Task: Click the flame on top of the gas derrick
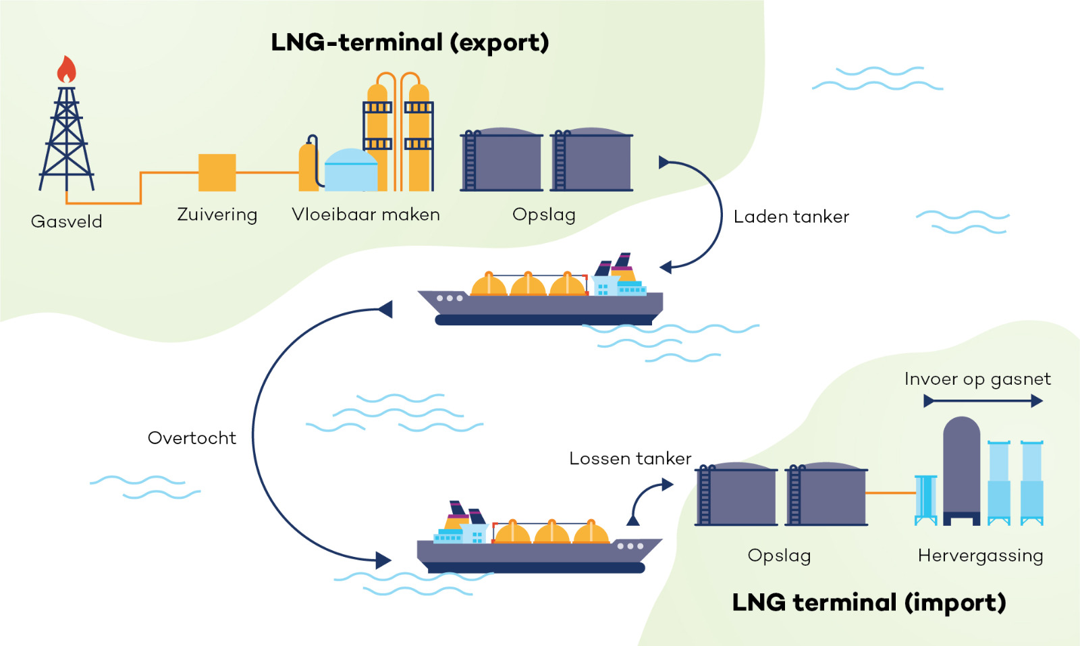[x=66, y=70]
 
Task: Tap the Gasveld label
[x=66, y=221]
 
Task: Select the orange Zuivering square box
[x=217, y=173]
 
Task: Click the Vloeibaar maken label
[x=365, y=215]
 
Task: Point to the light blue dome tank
[x=350, y=170]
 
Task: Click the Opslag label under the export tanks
[x=543, y=215]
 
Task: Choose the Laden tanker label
[x=791, y=217]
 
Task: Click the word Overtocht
[x=192, y=438]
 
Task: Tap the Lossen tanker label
[x=630, y=459]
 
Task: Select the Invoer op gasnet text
[x=977, y=379]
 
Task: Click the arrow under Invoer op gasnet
[x=983, y=402]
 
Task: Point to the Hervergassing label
[x=980, y=556]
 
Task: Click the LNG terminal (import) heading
[x=869, y=602]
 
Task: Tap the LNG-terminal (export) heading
[x=410, y=43]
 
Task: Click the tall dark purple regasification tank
[x=961, y=469]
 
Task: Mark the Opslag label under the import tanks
[x=779, y=556]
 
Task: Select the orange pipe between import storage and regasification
[x=890, y=493]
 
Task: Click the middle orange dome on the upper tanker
[x=528, y=285]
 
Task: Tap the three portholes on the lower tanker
[x=630, y=546]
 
